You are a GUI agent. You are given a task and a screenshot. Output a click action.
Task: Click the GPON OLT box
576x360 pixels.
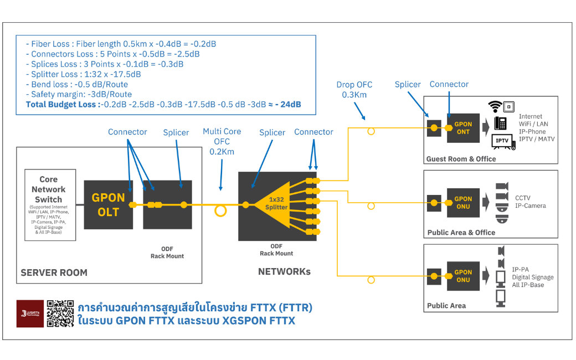108,204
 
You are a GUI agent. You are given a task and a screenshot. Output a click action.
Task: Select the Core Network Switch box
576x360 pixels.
48,205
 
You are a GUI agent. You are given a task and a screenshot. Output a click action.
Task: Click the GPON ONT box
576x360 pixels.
463,128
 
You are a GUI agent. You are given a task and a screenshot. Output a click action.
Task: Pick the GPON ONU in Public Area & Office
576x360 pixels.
463,202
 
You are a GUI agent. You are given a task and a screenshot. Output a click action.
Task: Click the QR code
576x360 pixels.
60,313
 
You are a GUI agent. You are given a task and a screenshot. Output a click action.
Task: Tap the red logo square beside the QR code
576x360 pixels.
30,313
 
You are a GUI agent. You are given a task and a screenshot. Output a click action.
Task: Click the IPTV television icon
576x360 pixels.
502,141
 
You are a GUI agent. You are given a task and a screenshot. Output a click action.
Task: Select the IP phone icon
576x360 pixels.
500,123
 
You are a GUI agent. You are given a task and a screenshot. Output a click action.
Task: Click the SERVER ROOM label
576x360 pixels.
54,272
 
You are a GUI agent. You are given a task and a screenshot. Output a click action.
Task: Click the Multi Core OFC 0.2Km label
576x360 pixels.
222,141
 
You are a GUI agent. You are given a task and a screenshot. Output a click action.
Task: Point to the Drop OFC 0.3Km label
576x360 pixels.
354,90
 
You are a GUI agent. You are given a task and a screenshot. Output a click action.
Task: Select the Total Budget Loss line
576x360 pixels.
163,104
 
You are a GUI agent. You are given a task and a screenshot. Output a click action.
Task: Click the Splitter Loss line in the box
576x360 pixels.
83,74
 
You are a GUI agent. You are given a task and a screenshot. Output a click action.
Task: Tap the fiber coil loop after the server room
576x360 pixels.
222,210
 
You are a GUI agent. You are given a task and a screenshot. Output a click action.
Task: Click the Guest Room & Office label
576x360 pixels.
461,159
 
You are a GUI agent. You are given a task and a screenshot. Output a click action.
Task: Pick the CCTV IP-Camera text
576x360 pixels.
530,202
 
